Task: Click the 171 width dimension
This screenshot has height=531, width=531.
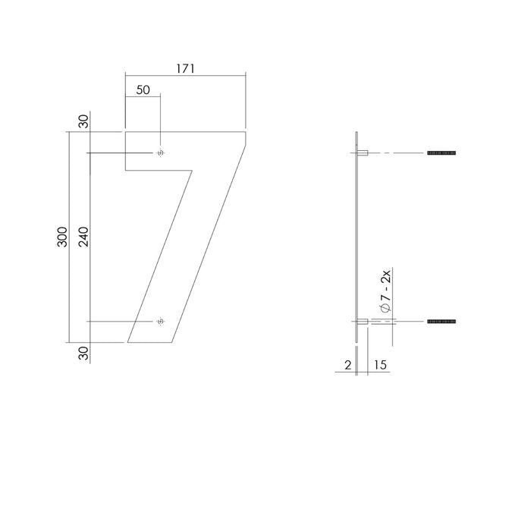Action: [186, 68]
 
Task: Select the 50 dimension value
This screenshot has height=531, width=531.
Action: [143, 90]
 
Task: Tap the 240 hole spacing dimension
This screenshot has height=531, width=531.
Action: [83, 237]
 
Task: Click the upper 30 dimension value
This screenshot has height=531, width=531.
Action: [83, 121]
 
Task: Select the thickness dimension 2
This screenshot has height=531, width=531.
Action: [347, 366]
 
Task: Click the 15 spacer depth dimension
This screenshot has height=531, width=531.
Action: [380, 366]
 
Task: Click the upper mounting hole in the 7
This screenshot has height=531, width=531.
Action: [159, 154]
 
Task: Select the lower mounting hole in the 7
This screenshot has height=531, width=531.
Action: [159, 322]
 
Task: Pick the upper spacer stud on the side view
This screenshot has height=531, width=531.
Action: [363, 153]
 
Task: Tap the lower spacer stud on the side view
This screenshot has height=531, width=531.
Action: [363, 322]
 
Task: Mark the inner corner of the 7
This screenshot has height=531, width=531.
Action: [190, 169]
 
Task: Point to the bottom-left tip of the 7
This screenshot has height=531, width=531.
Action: [128, 342]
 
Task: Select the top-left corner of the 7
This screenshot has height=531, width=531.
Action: [125, 133]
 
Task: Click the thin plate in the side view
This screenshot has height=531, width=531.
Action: [356, 235]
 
